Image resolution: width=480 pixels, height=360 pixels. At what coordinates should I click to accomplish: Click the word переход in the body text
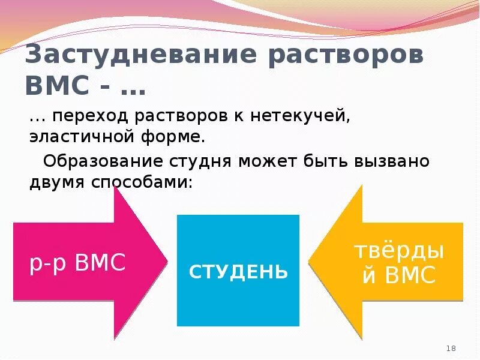pyautogui.click(x=93, y=115)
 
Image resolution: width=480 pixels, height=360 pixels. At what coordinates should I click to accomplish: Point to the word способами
pyautogui.click(x=143, y=183)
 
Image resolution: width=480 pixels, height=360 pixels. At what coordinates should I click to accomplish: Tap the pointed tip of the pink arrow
pyautogui.click(x=166, y=262)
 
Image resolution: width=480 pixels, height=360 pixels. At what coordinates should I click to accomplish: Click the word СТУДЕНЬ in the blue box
pyautogui.click(x=238, y=272)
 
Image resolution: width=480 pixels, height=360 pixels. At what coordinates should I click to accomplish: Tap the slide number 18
pyautogui.click(x=452, y=349)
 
